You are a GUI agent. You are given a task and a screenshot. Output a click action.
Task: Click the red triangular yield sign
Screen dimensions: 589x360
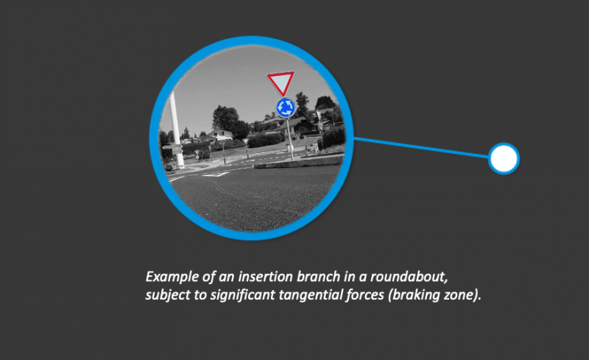pyautogui.click(x=281, y=82)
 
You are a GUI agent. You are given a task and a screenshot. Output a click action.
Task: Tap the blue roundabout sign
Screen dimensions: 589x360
pyautogui.click(x=286, y=107)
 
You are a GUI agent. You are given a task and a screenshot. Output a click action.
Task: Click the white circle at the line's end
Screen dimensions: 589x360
pyautogui.click(x=504, y=158)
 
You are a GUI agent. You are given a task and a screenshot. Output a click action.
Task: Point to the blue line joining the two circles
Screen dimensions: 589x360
pyautogui.click(x=420, y=148)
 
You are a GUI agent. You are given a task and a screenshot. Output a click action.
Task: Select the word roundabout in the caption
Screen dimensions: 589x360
pyautogui.click(x=409, y=277)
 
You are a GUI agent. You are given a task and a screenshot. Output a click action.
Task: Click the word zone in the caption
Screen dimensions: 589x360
pyautogui.click(x=459, y=295)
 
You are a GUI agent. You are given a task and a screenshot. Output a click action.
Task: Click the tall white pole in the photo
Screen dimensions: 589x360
pyautogui.click(x=176, y=129)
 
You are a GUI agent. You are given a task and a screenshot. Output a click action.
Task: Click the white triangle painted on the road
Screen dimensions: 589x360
pyautogui.click(x=215, y=174)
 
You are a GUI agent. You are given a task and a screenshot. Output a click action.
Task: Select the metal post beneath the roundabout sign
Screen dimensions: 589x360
pyautogui.click(x=289, y=139)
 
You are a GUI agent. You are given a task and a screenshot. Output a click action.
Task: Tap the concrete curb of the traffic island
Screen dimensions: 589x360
pyautogui.click(x=299, y=163)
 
